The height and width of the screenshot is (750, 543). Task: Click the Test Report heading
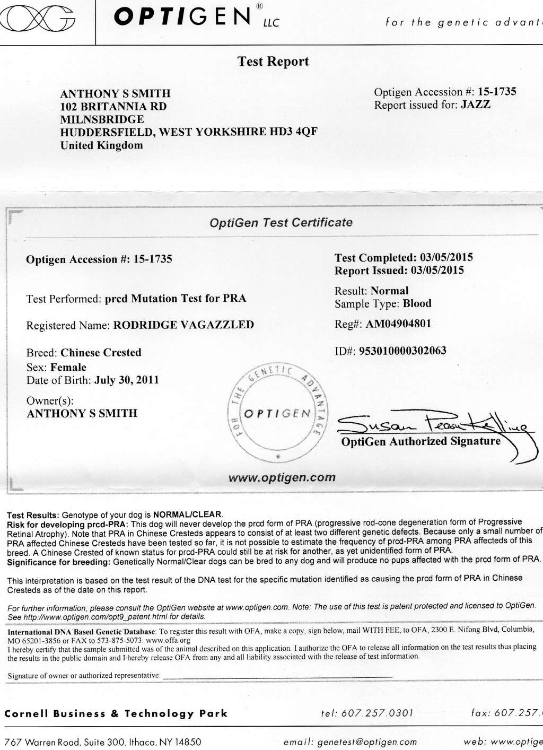[x=273, y=62]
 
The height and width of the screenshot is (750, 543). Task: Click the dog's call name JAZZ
[x=476, y=104]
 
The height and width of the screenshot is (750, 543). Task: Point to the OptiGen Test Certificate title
[x=281, y=223]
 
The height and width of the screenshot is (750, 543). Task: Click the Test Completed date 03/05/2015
[x=446, y=258]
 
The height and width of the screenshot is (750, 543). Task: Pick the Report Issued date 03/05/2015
[x=437, y=271]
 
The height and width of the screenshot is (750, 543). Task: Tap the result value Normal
[x=390, y=291]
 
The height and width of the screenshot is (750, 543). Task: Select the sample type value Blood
[x=417, y=304]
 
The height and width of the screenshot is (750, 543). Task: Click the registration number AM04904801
[x=398, y=324]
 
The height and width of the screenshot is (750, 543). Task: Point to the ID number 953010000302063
[x=403, y=351]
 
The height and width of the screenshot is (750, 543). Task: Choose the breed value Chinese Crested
[x=101, y=353]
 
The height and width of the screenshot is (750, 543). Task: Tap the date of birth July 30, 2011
[x=126, y=380]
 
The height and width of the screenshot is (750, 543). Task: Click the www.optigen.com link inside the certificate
[x=282, y=477]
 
